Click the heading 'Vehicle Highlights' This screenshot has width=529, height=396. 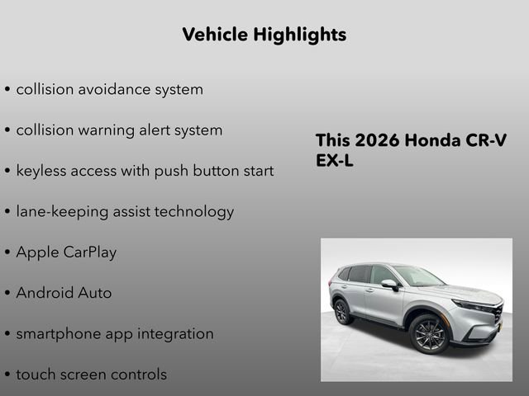coord(264,35)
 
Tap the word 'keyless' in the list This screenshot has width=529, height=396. coord(43,171)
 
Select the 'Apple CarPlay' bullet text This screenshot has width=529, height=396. coord(66,252)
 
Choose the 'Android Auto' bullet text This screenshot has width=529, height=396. coord(64,293)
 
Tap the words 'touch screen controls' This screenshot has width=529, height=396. coord(91,374)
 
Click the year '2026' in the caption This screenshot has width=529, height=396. coord(377,140)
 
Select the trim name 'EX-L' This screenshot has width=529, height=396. coord(335,161)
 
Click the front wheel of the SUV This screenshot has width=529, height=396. coord(428,334)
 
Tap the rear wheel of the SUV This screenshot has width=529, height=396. coord(341,311)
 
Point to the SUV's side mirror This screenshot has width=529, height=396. coord(388,285)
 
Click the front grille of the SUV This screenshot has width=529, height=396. coord(498,313)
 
